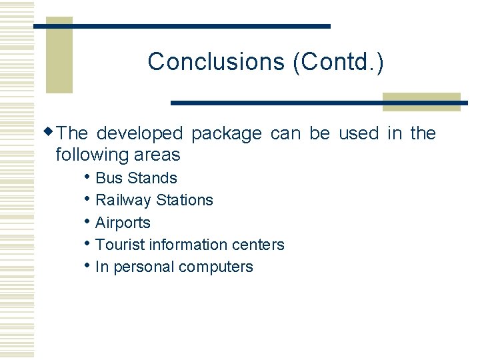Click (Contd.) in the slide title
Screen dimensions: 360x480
pyautogui.click(x=338, y=61)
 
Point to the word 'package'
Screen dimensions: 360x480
pyautogui.click(x=226, y=133)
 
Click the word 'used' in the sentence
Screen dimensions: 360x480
pyautogui.click(x=358, y=133)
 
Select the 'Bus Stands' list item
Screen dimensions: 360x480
pyautogui.click(x=136, y=178)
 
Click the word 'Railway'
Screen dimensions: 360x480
pyautogui.click(x=123, y=200)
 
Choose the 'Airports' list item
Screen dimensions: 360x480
pyautogui.click(x=123, y=223)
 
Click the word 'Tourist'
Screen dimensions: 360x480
pyautogui.click(x=120, y=245)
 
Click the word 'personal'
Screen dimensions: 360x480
pyautogui.click(x=142, y=267)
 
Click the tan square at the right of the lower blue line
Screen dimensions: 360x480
pyautogui.click(x=421, y=102)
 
